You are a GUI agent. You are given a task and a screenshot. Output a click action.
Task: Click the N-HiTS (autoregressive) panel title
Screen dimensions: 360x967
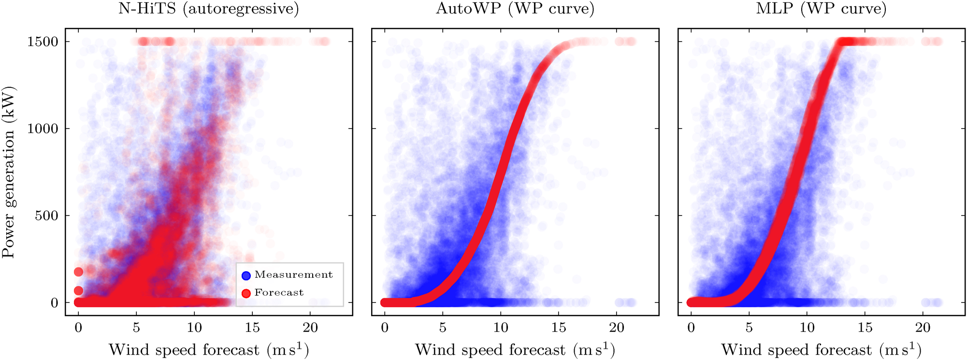click(209, 9)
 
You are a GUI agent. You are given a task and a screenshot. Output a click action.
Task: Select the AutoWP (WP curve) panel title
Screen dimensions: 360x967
click(515, 9)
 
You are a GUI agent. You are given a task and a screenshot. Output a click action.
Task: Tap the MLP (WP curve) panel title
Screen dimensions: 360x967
click(821, 9)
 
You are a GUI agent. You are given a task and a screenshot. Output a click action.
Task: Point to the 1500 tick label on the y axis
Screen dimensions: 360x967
click(43, 42)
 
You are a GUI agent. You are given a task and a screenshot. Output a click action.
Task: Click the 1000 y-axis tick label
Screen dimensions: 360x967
click(43, 129)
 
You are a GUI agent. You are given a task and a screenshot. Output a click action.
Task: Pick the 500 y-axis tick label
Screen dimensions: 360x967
click(47, 216)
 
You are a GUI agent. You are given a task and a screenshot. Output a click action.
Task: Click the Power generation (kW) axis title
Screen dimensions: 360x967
click(9, 172)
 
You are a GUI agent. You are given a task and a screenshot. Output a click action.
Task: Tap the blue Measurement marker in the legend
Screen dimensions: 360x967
click(246, 275)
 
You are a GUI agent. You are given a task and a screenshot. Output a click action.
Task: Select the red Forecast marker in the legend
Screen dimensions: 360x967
click(246, 293)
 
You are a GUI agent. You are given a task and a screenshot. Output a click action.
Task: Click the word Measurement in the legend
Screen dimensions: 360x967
click(293, 275)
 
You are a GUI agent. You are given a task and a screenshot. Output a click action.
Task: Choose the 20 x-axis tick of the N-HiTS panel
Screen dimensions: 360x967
click(310, 328)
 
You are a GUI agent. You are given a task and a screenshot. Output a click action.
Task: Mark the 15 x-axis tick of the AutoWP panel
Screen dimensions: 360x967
click(559, 328)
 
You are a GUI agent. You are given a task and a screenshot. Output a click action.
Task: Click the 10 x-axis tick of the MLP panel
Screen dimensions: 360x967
click(807, 328)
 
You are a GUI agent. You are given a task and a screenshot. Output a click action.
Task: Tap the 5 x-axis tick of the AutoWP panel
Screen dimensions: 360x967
click(443, 328)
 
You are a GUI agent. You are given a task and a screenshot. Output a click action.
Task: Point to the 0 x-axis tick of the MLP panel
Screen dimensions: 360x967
click(691, 328)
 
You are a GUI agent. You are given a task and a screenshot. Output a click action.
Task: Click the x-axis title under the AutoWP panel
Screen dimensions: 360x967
click(515, 349)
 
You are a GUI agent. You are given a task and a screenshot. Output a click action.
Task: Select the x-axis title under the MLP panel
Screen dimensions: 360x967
click(821, 349)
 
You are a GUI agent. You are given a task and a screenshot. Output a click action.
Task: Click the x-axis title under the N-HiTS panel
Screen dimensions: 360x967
click(209, 349)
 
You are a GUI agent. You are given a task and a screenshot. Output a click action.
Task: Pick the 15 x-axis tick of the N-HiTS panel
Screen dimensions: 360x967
click(252, 328)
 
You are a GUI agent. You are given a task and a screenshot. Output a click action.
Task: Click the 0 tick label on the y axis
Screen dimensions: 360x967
click(54, 303)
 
